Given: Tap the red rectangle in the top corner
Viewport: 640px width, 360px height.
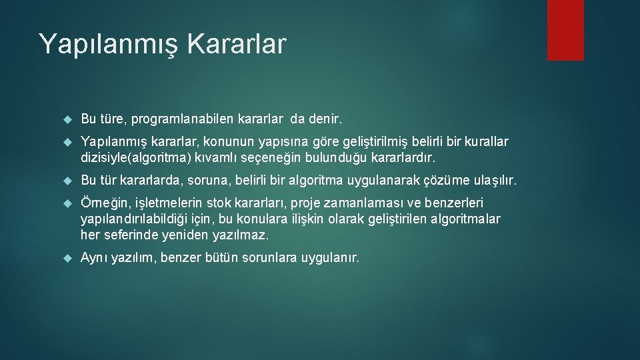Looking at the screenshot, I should (x=565, y=29).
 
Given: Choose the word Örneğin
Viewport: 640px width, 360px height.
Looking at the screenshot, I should (x=102, y=203).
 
